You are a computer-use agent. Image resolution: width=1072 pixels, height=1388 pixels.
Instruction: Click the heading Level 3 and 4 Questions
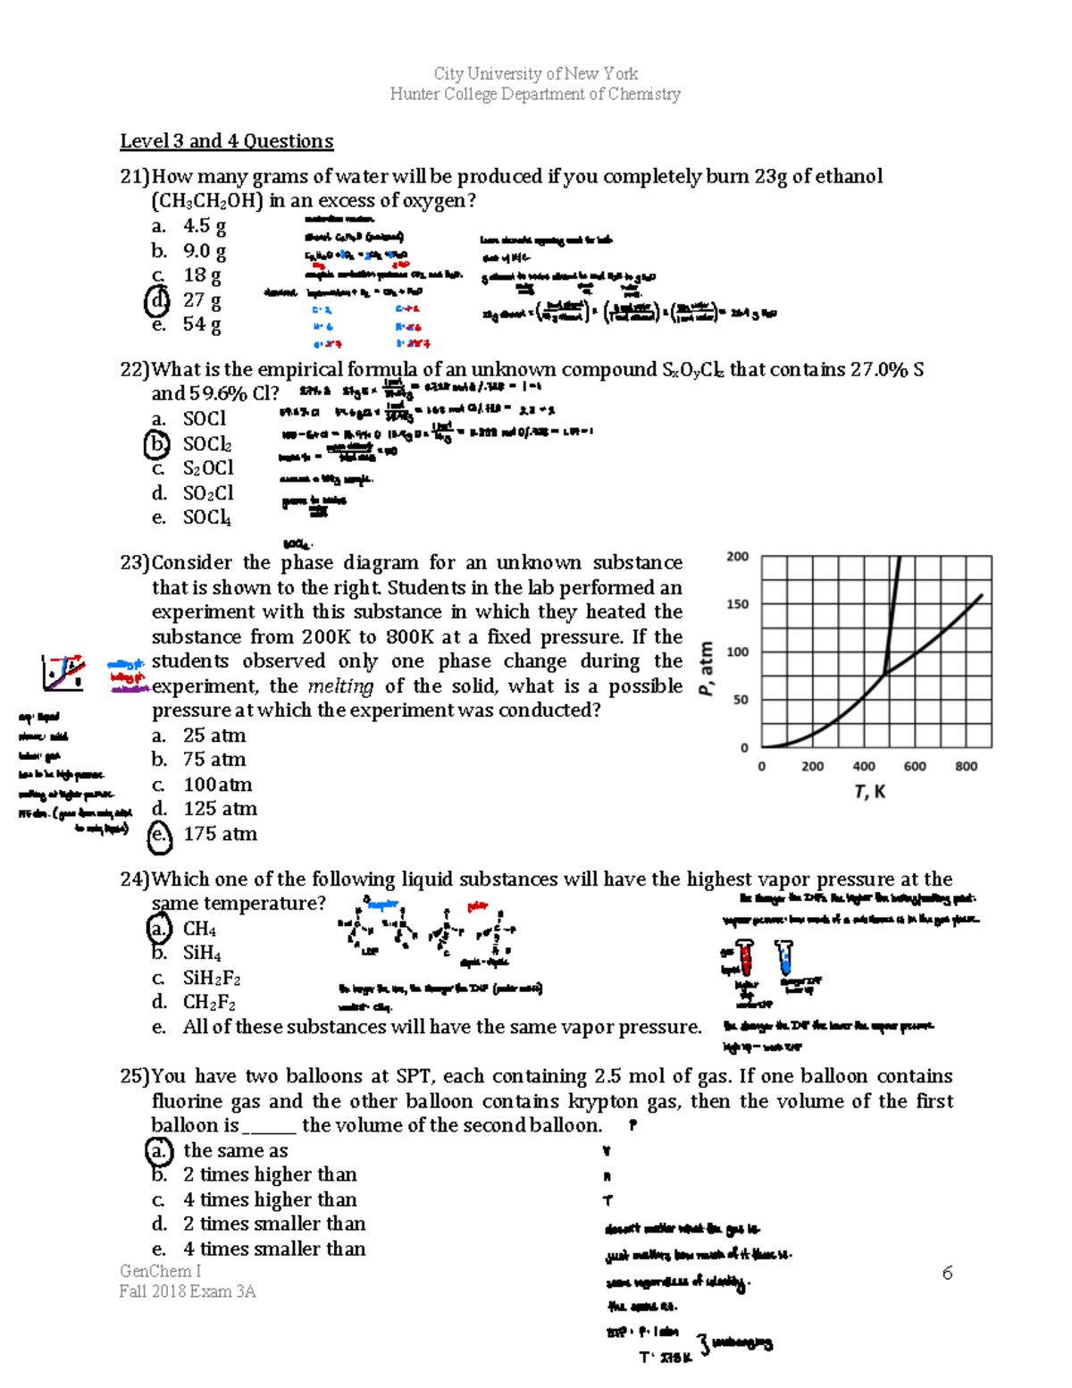[x=226, y=141]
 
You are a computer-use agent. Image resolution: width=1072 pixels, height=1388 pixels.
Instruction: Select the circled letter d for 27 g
[x=156, y=300]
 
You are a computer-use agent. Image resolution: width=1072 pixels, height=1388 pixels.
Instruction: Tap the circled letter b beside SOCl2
[x=156, y=443]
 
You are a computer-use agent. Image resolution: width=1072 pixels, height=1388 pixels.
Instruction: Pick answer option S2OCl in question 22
[x=208, y=468]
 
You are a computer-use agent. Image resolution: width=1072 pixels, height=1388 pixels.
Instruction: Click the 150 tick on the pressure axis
[x=738, y=604]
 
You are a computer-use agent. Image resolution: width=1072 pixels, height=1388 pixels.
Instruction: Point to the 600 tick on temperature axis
[x=915, y=766]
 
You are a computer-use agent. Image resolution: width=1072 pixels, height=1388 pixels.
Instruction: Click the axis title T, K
[x=869, y=792]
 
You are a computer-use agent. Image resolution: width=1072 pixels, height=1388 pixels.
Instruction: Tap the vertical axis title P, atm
[x=707, y=669]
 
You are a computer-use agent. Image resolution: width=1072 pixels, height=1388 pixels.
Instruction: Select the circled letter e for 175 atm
[x=158, y=834]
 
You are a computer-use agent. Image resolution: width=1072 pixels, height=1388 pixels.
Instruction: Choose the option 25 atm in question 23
[x=214, y=736]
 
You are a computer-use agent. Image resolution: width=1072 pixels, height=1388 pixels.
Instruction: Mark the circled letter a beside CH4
[x=158, y=929]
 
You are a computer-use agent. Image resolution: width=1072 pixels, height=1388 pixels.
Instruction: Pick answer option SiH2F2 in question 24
[x=212, y=978]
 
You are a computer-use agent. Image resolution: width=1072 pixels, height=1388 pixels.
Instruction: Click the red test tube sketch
[x=744, y=958]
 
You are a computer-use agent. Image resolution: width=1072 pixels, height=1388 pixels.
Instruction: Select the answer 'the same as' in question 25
[x=235, y=1151]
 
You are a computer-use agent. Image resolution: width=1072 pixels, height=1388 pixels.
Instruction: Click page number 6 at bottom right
[x=947, y=1273]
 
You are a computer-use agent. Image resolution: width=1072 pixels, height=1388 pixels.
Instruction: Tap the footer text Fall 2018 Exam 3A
[x=188, y=1291]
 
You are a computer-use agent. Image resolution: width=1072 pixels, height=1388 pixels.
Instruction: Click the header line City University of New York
[x=535, y=73]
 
